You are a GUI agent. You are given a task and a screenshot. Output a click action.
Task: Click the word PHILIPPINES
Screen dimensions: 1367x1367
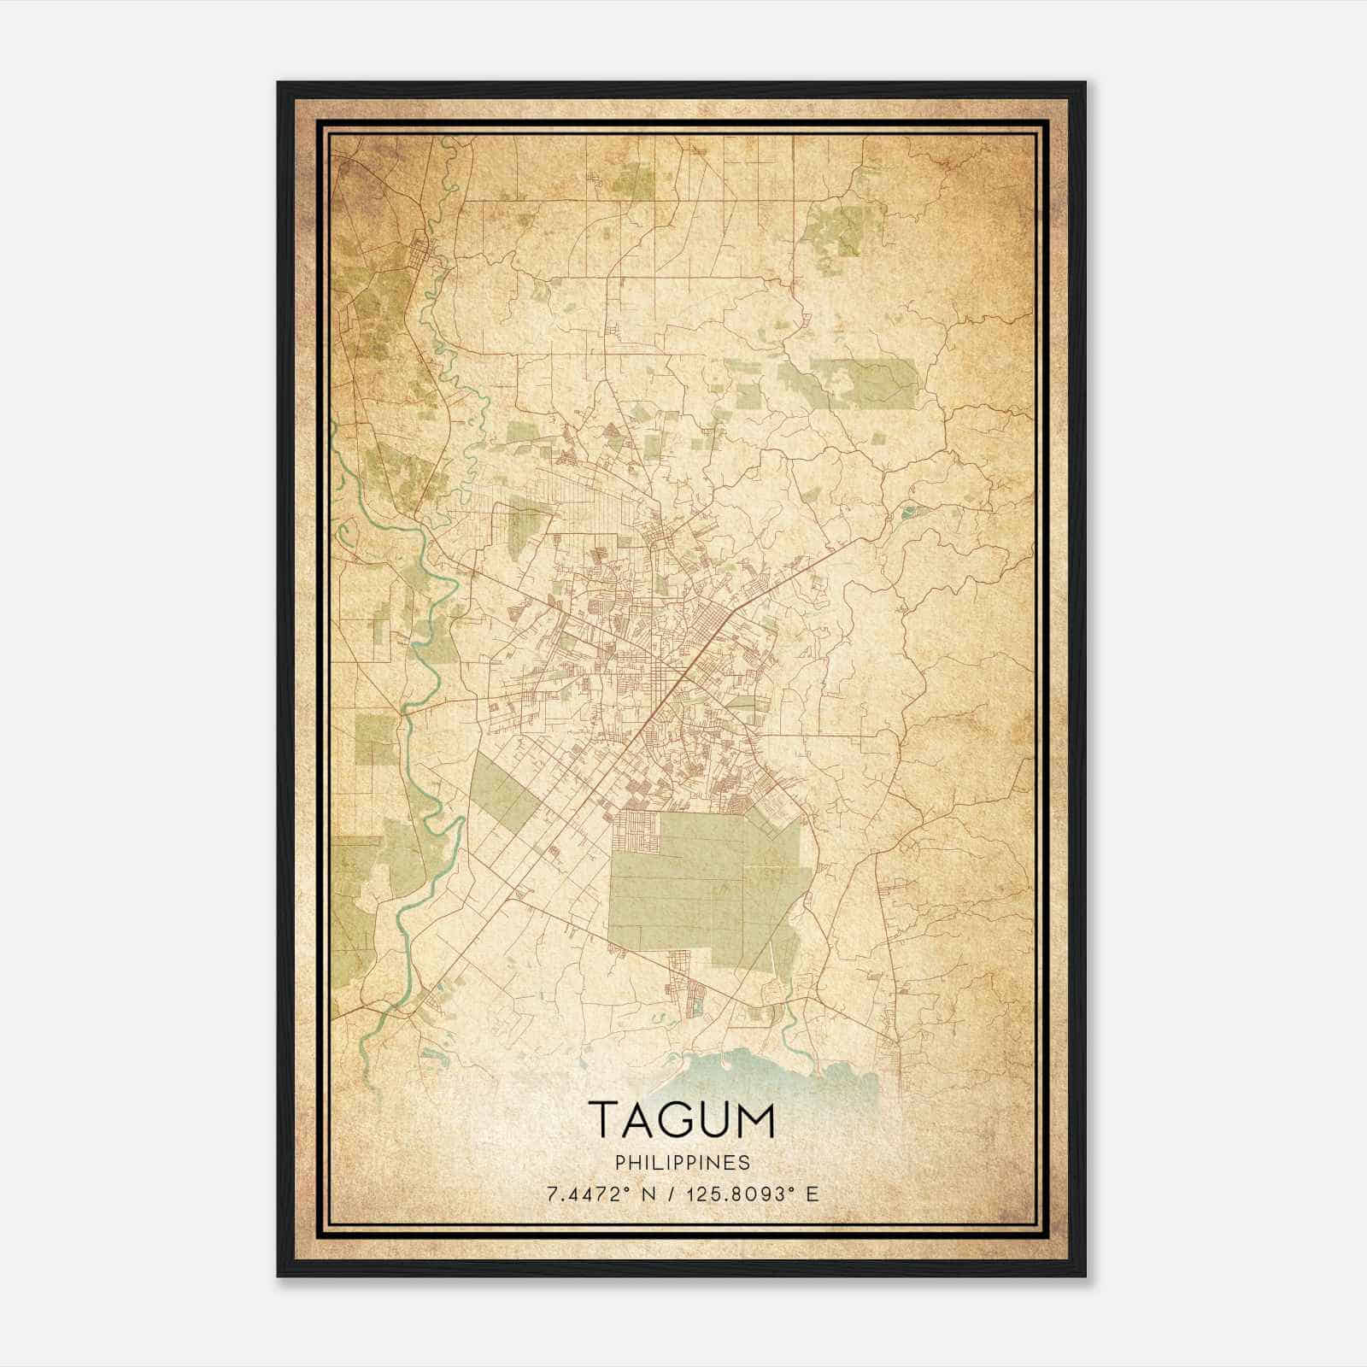[x=683, y=1163]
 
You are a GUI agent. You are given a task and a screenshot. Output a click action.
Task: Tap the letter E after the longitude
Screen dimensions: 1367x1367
[x=813, y=1194]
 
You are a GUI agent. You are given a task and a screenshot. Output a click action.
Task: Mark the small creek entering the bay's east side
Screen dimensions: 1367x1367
[x=790, y=1021]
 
